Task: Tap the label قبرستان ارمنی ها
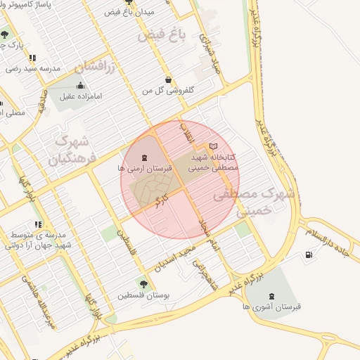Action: pyautogui.click(x=145, y=169)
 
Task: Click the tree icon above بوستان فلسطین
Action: pyautogui.click(x=144, y=284)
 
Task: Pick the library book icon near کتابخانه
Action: pyautogui.click(x=214, y=146)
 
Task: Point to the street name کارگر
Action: pyautogui.click(x=164, y=194)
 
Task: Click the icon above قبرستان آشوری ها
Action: pyautogui.click(x=272, y=295)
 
